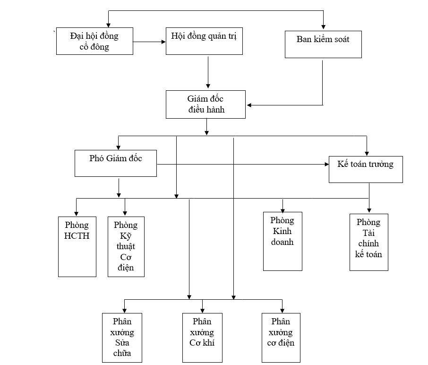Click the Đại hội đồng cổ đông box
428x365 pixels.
(94, 41)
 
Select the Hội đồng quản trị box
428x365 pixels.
(205, 41)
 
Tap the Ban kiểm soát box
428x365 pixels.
(323, 44)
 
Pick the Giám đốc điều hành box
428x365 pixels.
(205, 104)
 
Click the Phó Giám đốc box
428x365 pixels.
(116, 163)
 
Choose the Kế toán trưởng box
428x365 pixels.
(366, 169)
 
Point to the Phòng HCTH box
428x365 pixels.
(77, 246)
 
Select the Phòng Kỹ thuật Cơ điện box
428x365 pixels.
(126, 246)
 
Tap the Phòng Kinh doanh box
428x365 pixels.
(282, 241)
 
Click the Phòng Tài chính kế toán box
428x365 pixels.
(368, 242)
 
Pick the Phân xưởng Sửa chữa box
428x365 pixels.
(122, 337)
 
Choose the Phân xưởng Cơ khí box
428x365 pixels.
(202, 337)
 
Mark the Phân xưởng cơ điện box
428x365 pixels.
(282, 337)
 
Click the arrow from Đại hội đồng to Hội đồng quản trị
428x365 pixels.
(150, 42)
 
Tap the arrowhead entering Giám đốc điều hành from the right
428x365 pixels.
(249, 104)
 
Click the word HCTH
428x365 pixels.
(77, 236)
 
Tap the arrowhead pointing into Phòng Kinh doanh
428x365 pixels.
(282, 209)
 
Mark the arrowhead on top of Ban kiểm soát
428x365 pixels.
(323, 26)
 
